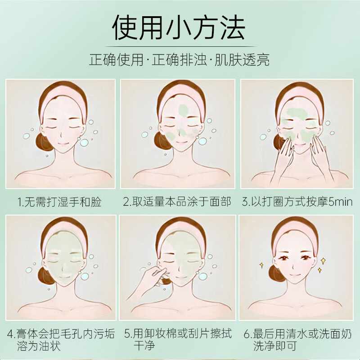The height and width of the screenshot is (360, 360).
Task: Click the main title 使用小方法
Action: [179, 28]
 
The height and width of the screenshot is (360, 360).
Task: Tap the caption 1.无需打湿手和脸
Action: [60, 201]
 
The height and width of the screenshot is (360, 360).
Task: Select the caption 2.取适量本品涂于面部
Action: [177, 201]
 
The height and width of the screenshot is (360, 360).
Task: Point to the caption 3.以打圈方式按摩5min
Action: [297, 201]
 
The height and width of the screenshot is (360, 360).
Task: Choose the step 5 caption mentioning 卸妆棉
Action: [177, 340]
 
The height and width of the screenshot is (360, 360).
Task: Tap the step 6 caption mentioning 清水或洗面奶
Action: [297, 340]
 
